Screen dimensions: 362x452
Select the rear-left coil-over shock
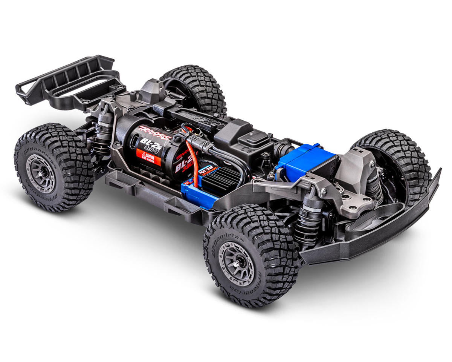(x=101, y=132)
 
